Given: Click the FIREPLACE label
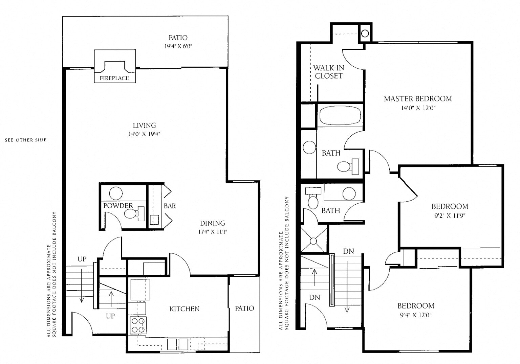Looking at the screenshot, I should coord(114,78).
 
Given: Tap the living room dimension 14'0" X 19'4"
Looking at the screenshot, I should coord(144,134).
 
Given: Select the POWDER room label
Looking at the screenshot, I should coord(118,206).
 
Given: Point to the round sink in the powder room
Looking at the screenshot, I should coord(116,194).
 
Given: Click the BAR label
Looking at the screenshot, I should coord(170,206).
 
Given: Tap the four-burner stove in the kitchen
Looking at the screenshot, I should coord(138,325).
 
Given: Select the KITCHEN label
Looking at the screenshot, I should coord(185,309).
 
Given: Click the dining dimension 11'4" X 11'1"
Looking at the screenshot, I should coord(212,232).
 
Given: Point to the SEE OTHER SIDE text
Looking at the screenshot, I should coord(26,140).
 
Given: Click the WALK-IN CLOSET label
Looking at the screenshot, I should coord(328,72).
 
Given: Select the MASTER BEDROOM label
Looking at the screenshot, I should coord(418,99).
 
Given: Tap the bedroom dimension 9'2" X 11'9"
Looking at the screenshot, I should coord(450,215).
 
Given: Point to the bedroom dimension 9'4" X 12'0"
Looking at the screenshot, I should coord(416,315).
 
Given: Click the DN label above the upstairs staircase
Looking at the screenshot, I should coord(348,251).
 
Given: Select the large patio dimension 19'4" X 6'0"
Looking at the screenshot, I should coord(178,46).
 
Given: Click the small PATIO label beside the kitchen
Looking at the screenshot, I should coord(244,308).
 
